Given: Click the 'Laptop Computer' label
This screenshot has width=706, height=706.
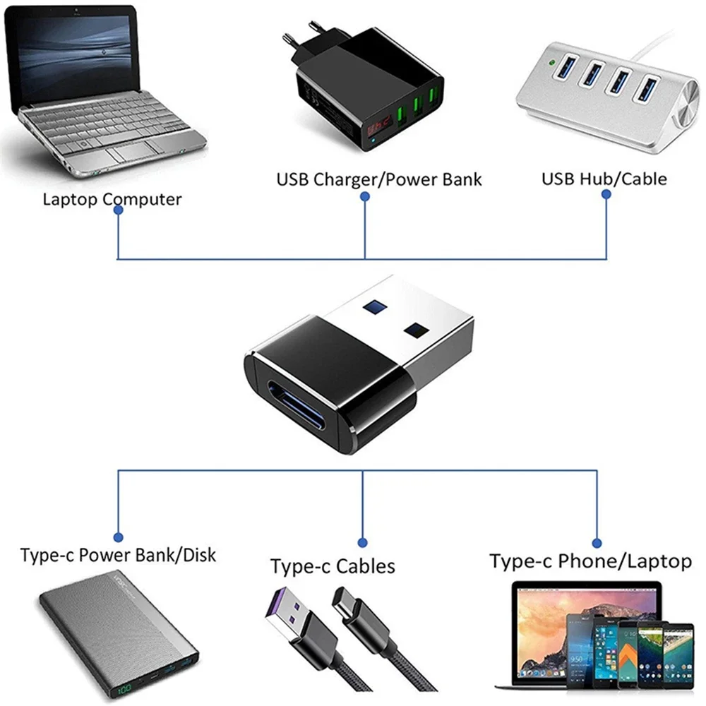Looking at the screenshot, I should [112, 198].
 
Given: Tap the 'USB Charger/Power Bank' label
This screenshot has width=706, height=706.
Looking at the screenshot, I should [378, 179].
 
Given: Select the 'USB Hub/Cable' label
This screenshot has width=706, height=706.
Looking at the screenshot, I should [604, 178].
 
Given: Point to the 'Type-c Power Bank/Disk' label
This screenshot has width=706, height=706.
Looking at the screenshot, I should [119, 554].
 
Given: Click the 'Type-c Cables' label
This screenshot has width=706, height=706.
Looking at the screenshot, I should [333, 566].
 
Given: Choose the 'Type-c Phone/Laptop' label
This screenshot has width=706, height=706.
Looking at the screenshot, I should [590, 561].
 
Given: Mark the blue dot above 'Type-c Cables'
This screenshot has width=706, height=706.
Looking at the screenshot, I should [362, 543].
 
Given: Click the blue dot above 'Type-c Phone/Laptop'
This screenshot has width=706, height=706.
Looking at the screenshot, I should [597, 543].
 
